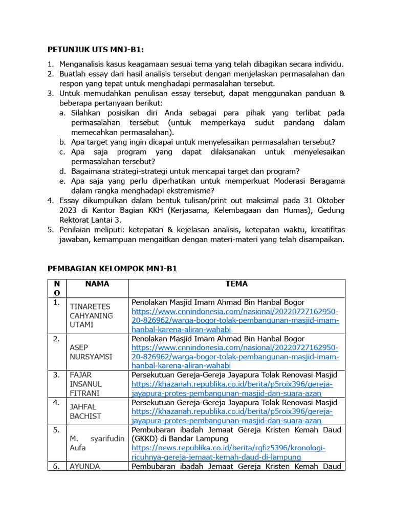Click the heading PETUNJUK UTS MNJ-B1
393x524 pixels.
[x=96, y=50]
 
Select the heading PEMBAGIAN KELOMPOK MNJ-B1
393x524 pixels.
[x=112, y=268]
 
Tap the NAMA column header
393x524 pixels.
[x=97, y=283]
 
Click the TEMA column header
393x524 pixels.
[x=236, y=283]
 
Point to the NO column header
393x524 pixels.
[x=56, y=288]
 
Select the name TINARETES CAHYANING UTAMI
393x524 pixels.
[x=91, y=316]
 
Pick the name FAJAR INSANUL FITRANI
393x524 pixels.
[x=86, y=384]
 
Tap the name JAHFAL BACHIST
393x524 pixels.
[x=86, y=412]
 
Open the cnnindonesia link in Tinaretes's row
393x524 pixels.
[x=235, y=320]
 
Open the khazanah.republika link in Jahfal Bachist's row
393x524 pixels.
[x=232, y=416]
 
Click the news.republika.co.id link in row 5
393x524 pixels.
[x=228, y=452]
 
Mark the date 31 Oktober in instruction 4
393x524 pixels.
[x=323, y=200]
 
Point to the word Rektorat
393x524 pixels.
[x=76, y=220]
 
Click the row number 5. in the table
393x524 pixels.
[x=56, y=430]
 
